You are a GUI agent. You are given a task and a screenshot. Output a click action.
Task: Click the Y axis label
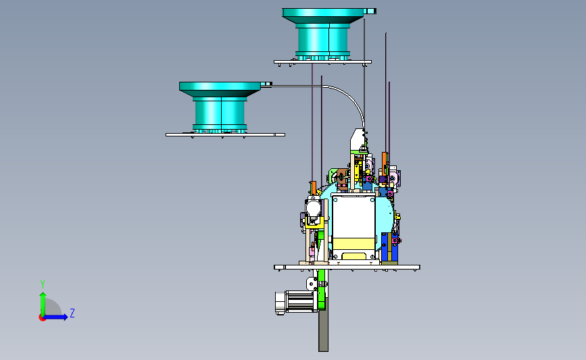(43, 284)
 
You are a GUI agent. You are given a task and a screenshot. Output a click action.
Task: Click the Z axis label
(72, 313)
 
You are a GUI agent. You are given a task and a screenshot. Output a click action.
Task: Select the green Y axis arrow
(43, 304)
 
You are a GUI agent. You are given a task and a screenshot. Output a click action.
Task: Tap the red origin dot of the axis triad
(42, 317)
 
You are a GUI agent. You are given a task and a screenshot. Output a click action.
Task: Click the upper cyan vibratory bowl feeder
(323, 34)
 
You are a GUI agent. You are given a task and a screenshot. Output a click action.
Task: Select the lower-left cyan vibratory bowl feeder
(220, 107)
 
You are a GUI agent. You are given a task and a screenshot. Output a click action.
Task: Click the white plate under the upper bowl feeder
(322, 62)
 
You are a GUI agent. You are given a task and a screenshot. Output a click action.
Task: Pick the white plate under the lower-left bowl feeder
(225, 135)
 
